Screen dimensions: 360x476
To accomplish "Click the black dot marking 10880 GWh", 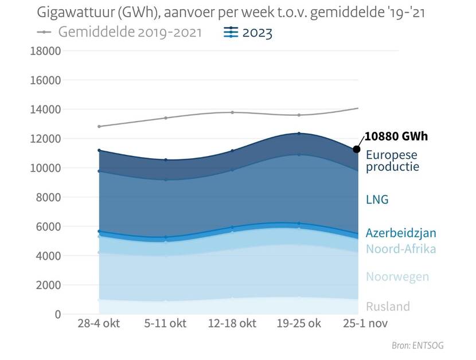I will pyautogui.click(x=356, y=149).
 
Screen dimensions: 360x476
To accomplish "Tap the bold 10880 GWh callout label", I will pyautogui.click(x=396, y=136).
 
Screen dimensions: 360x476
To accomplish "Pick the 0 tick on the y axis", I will pyautogui.click(x=57, y=314).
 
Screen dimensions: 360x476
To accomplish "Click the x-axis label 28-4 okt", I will pyautogui.click(x=99, y=323).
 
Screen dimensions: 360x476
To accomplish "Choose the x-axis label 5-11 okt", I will pyautogui.click(x=165, y=323).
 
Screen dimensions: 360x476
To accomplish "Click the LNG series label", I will pyautogui.click(x=377, y=199).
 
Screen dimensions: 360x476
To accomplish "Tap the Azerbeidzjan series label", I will pyautogui.click(x=401, y=233).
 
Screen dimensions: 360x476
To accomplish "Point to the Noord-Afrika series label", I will pyautogui.click(x=401, y=249).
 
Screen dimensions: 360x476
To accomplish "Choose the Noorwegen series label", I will pyautogui.click(x=397, y=276).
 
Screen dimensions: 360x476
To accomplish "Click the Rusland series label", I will pyautogui.click(x=388, y=306).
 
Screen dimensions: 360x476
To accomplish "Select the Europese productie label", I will pyautogui.click(x=393, y=161).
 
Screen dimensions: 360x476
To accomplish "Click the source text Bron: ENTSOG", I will pyautogui.click(x=418, y=345).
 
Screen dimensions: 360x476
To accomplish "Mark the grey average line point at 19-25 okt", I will pyautogui.click(x=298, y=115).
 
